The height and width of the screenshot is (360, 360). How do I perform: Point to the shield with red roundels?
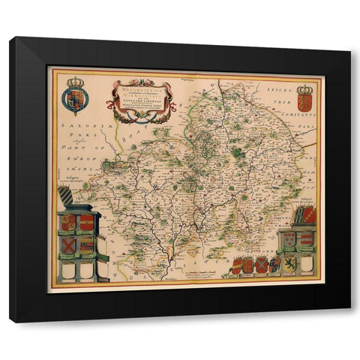pos(289,239)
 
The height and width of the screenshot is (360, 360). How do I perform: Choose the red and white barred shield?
pos(306,239)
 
